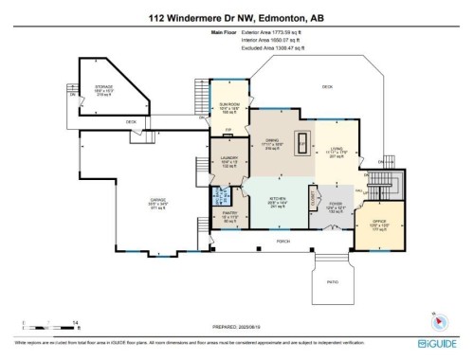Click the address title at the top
click(237, 16)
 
